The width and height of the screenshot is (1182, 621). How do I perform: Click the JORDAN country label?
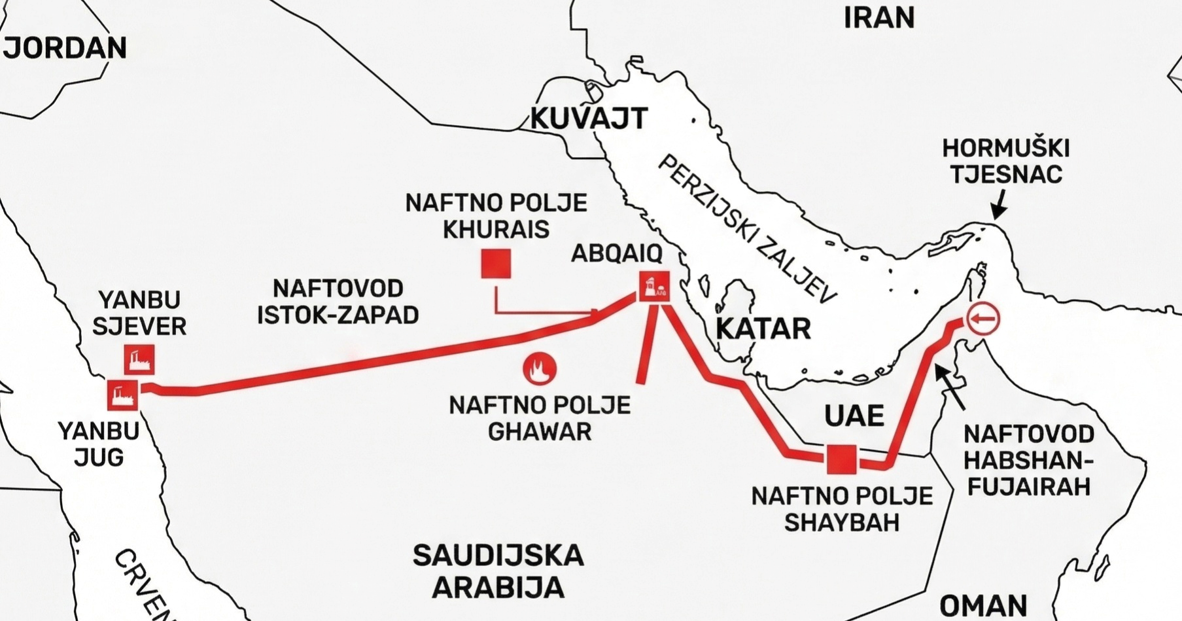click(65, 48)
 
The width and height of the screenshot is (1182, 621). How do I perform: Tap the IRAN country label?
click(878, 18)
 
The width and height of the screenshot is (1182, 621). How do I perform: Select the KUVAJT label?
click(588, 118)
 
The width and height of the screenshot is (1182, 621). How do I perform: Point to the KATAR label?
click(763, 328)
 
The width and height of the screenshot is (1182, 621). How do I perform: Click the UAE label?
click(854, 416)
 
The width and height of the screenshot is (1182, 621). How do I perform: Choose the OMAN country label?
click(983, 605)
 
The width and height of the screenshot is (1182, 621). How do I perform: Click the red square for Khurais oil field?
click(496, 264)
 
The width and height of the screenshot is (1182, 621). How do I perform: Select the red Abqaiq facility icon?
click(655, 286)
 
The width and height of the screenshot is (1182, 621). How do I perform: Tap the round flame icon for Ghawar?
click(540, 369)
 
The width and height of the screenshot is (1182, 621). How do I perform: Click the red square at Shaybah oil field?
click(841, 459)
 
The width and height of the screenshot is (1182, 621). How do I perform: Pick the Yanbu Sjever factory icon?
click(139, 359)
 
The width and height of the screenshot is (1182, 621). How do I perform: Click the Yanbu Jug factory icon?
click(122, 395)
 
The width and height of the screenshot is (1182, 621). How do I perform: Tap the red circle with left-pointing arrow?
click(983, 319)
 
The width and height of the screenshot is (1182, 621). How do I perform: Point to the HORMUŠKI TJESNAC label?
click(1005, 161)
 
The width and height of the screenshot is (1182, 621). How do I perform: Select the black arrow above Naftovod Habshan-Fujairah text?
click(949, 387)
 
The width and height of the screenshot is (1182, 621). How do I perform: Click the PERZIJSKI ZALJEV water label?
click(746, 230)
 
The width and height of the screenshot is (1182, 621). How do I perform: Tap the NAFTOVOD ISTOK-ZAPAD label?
click(338, 302)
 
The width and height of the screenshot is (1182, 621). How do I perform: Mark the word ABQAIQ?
click(616, 253)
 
